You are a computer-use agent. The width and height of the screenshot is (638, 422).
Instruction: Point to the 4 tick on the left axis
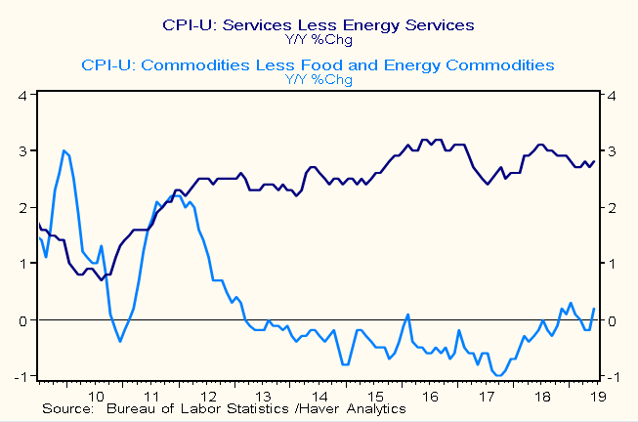coord(21,96)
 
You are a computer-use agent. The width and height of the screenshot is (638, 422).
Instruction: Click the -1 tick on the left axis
coord(20,377)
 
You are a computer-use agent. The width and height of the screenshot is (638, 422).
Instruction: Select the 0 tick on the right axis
coord(612,321)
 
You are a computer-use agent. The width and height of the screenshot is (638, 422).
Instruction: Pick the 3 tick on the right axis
coord(612,152)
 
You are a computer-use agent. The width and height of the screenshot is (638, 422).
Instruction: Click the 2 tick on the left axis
coord(21,208)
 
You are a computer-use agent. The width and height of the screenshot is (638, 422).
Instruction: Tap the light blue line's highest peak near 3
coord(64,150)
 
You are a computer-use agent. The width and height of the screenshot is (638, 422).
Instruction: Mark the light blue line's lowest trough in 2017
coord(499,375)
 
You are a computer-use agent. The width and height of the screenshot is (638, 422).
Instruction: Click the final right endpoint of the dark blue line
coord(594,161)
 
